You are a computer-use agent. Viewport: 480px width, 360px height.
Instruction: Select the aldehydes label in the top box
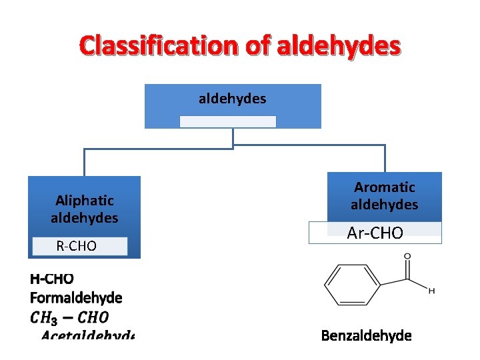[232, 99]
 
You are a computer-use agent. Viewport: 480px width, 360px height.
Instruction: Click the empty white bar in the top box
[227, 121]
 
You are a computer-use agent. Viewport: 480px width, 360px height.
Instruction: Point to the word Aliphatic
[85, 200]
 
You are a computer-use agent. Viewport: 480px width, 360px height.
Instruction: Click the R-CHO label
[77, 247]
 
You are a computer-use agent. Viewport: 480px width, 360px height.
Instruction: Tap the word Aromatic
[385, 187]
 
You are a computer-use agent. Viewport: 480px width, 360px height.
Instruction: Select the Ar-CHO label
[375, 233]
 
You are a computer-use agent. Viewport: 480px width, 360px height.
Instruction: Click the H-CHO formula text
[52, 279]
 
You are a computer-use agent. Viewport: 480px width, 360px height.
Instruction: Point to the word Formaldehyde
[76, 297]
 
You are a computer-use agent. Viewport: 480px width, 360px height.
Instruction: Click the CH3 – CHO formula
[69, 317]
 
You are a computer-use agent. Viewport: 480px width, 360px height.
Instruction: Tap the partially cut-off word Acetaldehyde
[87, 334]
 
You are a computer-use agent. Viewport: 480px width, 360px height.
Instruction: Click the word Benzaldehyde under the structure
[366, 335]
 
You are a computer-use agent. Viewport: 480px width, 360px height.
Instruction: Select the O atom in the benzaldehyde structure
[407, 257]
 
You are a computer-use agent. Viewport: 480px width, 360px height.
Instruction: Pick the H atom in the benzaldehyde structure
[432, 291]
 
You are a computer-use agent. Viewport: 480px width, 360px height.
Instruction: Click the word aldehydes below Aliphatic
[85, 217]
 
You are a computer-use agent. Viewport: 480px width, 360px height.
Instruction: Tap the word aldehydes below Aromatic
[385, 205]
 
